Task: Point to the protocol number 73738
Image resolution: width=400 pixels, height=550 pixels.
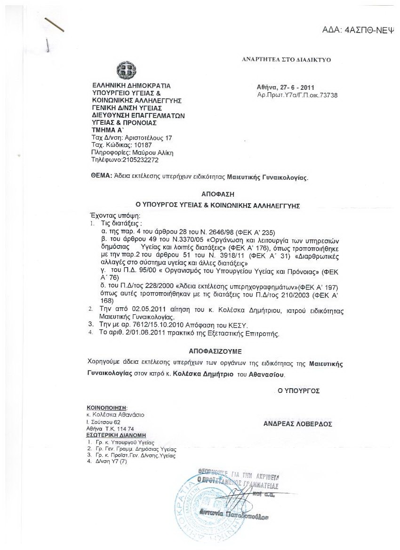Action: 328,95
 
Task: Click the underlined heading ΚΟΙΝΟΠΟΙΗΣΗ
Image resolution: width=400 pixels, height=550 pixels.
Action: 107,407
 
